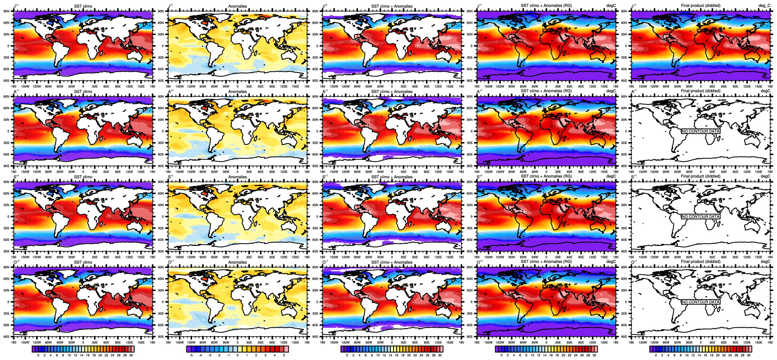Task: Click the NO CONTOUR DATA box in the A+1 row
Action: tap(700, 131)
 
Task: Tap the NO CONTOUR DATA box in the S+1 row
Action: tap(700, 216)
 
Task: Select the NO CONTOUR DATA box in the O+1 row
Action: tap(700, 302)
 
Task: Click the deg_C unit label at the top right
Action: tap(764, 6)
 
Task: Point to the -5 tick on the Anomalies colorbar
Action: tap(191, 355)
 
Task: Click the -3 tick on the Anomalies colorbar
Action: tap(210, 355)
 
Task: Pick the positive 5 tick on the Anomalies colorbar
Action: tap(284, 355)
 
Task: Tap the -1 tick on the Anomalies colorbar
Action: tap(228, 355)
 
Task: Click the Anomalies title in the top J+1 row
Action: tap(237, 6)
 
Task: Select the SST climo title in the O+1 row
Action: tap(83, 262)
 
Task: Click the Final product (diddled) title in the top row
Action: tap(701, 6)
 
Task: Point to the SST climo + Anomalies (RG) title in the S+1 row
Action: tap(546, 176)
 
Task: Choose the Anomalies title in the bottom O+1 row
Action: tap(237, 262)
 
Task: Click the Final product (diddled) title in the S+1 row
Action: tap(701, 176)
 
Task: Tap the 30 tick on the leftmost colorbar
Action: tap(131, 355)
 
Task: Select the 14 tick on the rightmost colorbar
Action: tap(699, 355)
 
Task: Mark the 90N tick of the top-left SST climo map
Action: tap(6, 11)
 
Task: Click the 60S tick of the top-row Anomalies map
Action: tap(161, 69)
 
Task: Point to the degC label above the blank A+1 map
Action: tap(765, 91)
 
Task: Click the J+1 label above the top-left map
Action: tap(16, 6)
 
